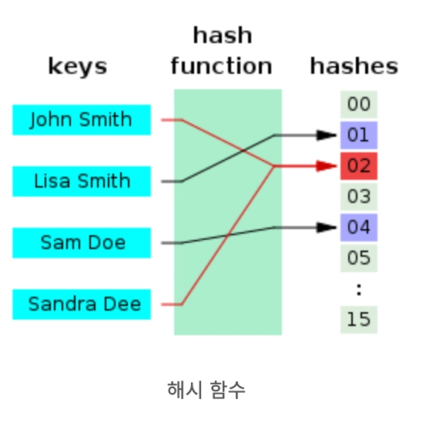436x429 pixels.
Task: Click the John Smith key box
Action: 82,120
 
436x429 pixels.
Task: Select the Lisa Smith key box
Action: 82,181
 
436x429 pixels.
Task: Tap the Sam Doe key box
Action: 82,243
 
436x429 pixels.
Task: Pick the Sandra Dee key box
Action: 82,304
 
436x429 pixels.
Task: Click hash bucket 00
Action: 359,105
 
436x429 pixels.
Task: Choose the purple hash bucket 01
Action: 359,135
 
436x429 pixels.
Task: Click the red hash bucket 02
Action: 359,166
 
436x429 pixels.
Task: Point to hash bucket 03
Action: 359,197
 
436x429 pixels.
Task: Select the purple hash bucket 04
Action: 359,228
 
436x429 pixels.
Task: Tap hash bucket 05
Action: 359,258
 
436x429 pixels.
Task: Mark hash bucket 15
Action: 359,320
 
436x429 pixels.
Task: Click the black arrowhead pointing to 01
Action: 327,135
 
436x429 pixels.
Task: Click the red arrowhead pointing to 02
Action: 327,166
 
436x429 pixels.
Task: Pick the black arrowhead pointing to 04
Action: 327,228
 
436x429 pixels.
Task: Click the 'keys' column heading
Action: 78,67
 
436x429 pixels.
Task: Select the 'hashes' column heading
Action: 354,66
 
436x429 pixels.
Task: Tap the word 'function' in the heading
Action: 221,66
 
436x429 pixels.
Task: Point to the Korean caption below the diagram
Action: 206,390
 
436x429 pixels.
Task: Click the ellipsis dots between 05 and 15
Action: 359,290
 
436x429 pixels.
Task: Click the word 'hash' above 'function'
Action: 223,35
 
